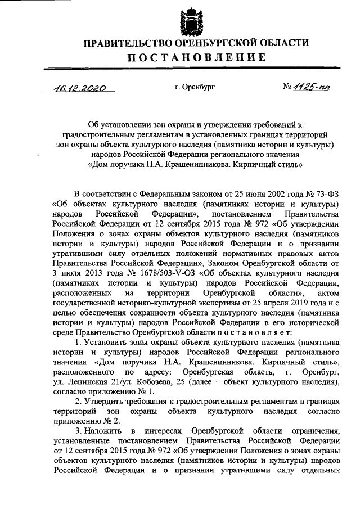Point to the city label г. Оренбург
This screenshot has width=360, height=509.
195,87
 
